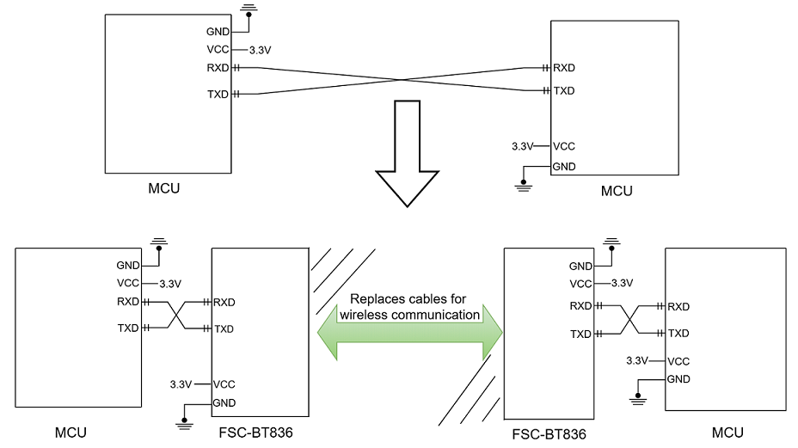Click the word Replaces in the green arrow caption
coord(376,299)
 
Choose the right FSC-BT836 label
coord(548,434)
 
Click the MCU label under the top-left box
coord(163,188)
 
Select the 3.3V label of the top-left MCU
coord(260,50)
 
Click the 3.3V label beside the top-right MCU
coord(523,146)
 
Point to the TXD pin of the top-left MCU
coord(218,94)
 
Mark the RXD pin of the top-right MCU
coord(564,68)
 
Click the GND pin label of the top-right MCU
coord(564,166)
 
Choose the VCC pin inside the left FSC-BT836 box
coord(224,384)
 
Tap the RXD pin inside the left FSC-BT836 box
coord(224,302)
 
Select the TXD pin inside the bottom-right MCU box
coord(679,333)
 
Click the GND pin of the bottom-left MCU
coord(127,266)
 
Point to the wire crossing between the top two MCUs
coord(402,81)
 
